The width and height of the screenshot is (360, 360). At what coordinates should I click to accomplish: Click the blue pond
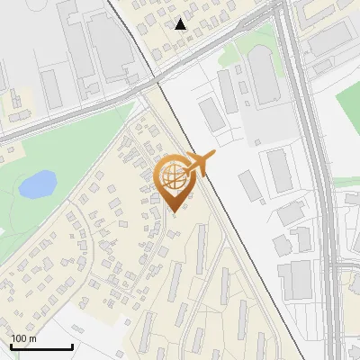(x=37, y=185)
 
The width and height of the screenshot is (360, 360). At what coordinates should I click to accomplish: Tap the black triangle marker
(x=181, y=23)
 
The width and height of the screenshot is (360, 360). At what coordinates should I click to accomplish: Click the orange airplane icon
(x=200, y=165)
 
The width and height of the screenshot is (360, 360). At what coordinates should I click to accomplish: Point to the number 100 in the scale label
(x=20, y=338)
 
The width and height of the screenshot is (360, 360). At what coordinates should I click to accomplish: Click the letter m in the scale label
(x=33, y=338)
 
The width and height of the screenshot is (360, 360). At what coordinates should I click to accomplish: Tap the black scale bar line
(x=40, y=347)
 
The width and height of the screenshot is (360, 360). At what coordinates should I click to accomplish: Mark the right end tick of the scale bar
(x=72, y=346)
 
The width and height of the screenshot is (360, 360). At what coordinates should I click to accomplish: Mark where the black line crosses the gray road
(x=157, y=83)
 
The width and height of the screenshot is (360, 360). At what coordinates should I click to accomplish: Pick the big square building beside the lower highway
(x=294, y=280)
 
